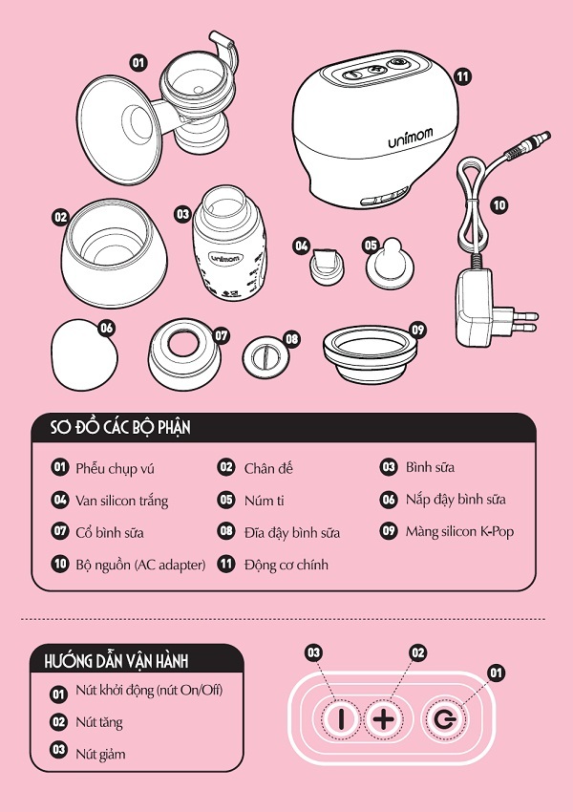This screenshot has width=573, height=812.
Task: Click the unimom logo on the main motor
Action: (411, 138)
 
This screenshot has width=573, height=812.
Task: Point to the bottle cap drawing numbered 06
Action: (83, 354)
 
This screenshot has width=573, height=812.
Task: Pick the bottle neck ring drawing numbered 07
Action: (184, 357)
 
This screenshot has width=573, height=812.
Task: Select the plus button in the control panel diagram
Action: (384, 718)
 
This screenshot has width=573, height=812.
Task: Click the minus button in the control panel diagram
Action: (341, 718)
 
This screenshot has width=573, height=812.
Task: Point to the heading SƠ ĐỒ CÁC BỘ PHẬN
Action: (120, 427)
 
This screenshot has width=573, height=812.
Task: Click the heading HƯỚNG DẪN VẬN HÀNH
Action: (116, 661)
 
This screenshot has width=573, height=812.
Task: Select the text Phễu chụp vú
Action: (115, 469)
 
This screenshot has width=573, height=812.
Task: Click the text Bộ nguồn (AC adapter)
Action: (140, 565)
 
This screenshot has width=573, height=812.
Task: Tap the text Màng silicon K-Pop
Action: (459, 532)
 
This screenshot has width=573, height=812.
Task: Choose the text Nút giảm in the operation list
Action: (100, 754)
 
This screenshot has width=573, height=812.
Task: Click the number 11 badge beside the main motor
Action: (462, 76)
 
